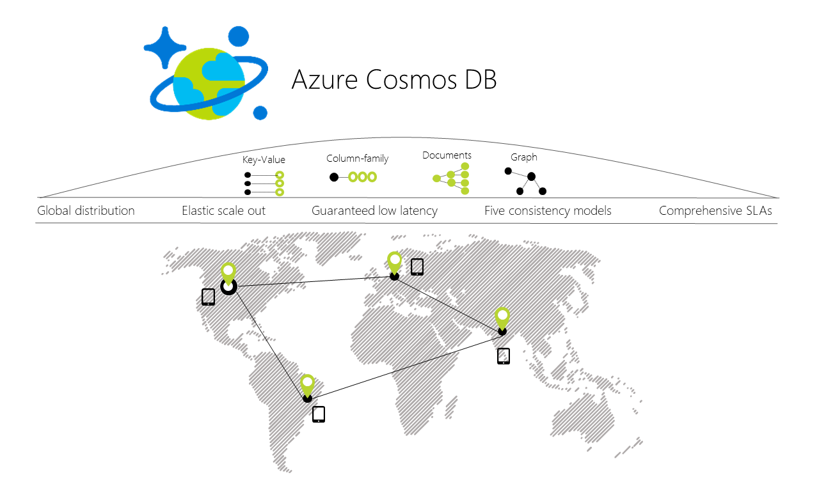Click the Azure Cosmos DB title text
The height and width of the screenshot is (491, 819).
pos(394,80)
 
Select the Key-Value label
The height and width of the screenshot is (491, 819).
pos(264,160)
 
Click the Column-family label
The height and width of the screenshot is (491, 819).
pos(357,159)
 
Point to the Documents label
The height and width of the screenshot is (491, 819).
pos(447,155)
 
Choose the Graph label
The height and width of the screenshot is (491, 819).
pos(523,157)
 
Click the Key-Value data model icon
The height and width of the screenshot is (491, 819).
pos(264,183)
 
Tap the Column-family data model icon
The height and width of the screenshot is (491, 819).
pos(353,177)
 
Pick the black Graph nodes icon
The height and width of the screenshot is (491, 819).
pos(525,181)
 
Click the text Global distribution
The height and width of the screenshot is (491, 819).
pos(86,210)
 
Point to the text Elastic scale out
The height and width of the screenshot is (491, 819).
pos(223,210)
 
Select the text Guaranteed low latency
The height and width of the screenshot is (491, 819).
pos(374,210)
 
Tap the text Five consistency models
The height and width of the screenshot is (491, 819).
pos(548,210)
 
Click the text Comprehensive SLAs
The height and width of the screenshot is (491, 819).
pos(715,210)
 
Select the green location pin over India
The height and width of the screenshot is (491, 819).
pos(502,318)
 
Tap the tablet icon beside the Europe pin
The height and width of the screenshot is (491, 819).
pos(417,267)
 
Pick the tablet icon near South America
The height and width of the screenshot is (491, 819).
pos(319,414)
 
